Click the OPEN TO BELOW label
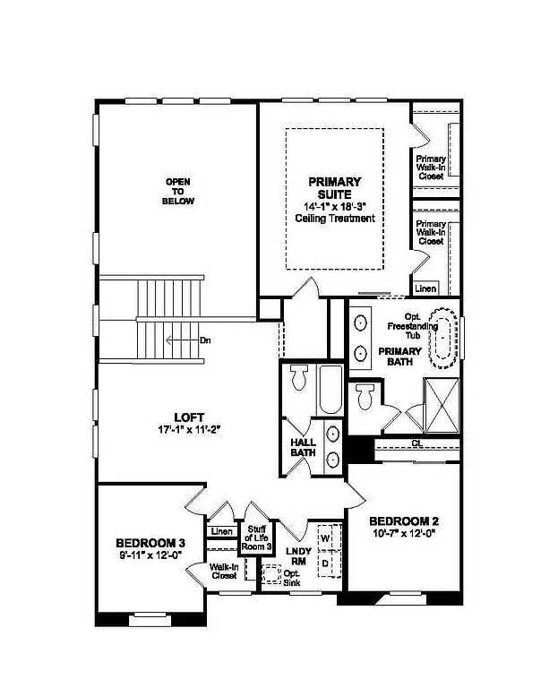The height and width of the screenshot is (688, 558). (x=179, y=192)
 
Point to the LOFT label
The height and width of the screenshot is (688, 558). (x=189, y=417)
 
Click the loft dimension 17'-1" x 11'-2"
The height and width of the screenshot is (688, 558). (x=189, y=429)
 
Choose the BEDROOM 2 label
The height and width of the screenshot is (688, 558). (x=403, y=521)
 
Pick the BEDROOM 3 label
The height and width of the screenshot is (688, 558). (x=150, y=543)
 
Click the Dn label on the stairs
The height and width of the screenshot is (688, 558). (x=205, y=340)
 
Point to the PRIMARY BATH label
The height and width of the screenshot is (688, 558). (x=399, y=357)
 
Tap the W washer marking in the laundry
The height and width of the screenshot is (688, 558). (x=326, y=537)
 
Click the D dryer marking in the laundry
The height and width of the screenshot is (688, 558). (x=326, y=562)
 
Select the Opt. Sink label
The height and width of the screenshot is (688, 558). (x=292, y=578)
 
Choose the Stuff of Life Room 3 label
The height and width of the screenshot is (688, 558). (x=256, y=537)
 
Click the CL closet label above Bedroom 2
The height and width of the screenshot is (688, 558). (x=417, y=443)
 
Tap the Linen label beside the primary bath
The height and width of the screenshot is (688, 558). (x=425, y=288)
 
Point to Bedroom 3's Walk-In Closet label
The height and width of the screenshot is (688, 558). (x=223, y=572)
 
